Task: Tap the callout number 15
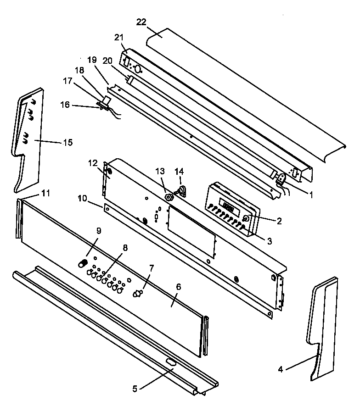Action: point(67,143)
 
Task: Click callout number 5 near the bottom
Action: point(134,388)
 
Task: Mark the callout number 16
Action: point(65,105)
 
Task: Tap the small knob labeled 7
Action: point(137,294)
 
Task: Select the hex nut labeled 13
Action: point(169,198)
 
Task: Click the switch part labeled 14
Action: point(181,190)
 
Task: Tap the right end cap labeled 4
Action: point(324,330)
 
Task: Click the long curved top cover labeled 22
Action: point(243,92)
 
